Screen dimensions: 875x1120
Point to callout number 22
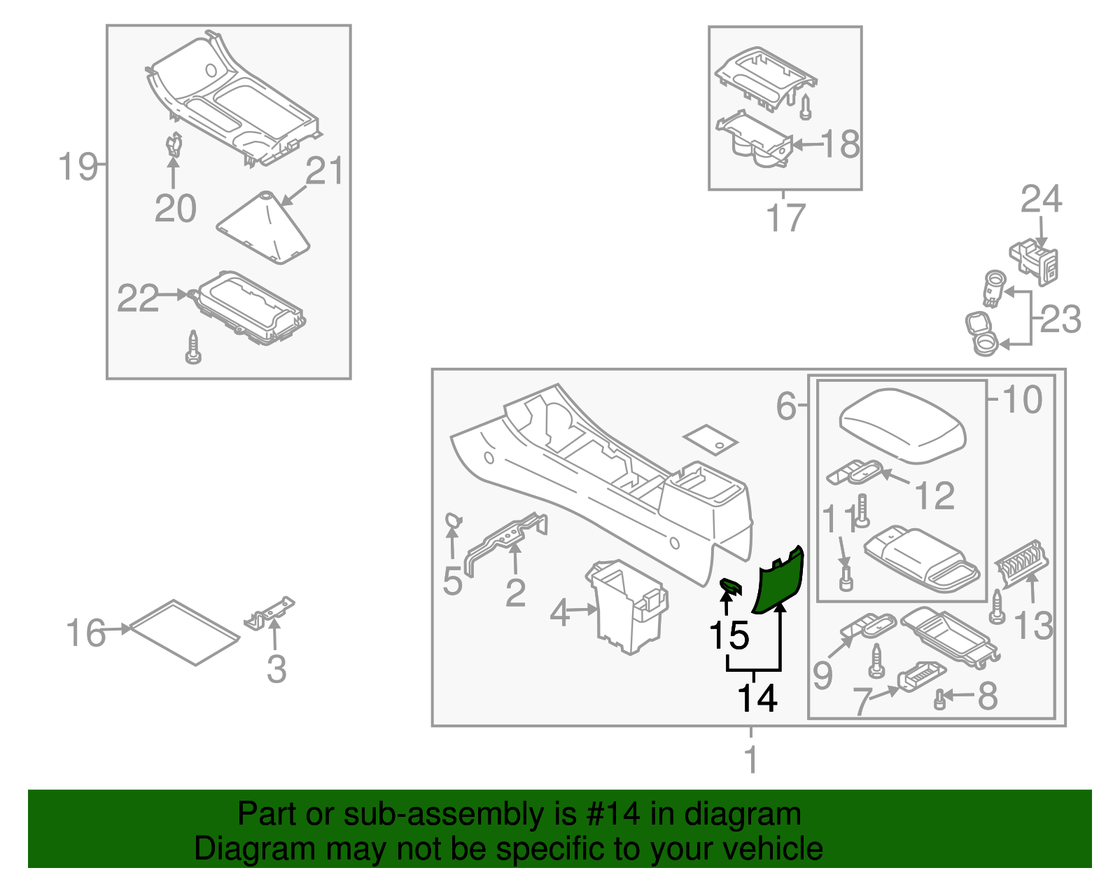[x=137, y=298]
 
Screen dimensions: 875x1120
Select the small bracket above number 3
[x=270, y=612]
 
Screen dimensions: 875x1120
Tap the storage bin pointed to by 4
[x=627, y=606]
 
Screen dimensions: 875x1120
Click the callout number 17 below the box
[x=785, y=218]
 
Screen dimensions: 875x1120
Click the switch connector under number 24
[x=1035, y=261]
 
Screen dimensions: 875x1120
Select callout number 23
[x=1060, y=319]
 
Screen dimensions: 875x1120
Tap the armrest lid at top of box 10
[x=902, y=425]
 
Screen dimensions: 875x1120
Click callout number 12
[x=934, y=495]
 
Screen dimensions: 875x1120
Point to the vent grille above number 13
[x=1021, y=564]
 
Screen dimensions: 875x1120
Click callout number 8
[x=987, y=696]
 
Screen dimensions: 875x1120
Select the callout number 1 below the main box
[x=750, y=759]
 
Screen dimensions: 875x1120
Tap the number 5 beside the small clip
[x=452, y=581]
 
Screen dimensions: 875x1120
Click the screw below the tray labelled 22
[x=193, y=348]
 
